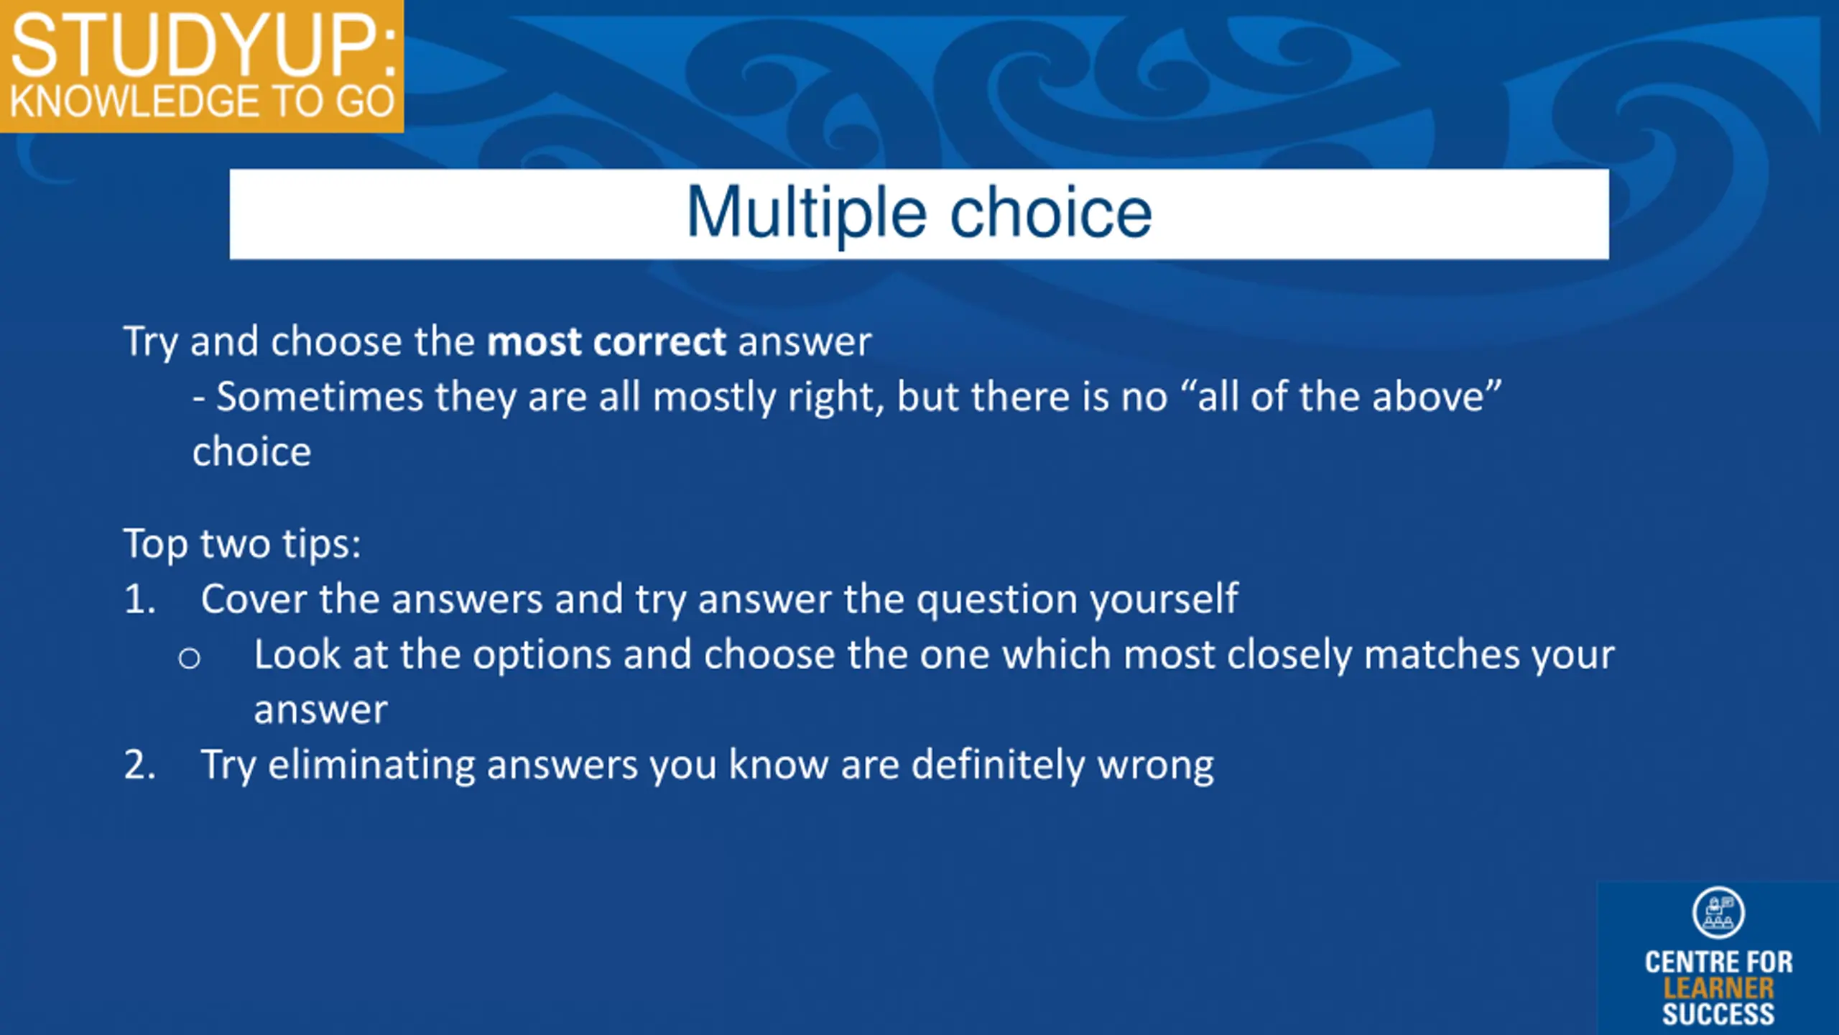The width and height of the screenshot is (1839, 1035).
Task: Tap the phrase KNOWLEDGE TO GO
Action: (202, 101)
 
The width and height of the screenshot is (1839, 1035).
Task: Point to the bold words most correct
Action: (607, 341)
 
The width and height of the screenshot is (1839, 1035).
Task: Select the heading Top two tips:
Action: (242, 543)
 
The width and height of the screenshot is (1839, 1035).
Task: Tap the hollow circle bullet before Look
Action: (189, 658)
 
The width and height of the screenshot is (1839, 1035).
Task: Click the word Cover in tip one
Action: (254, 599)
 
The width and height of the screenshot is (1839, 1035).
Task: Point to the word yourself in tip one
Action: (1164, 600)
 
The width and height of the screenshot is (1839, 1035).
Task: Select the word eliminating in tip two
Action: (371, 764)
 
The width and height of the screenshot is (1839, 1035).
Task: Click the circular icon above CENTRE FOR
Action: (1718, 913)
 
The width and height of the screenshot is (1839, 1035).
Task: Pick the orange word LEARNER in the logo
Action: (1718, 989)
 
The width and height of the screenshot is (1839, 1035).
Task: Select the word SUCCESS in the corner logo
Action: (1718, 1014)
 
